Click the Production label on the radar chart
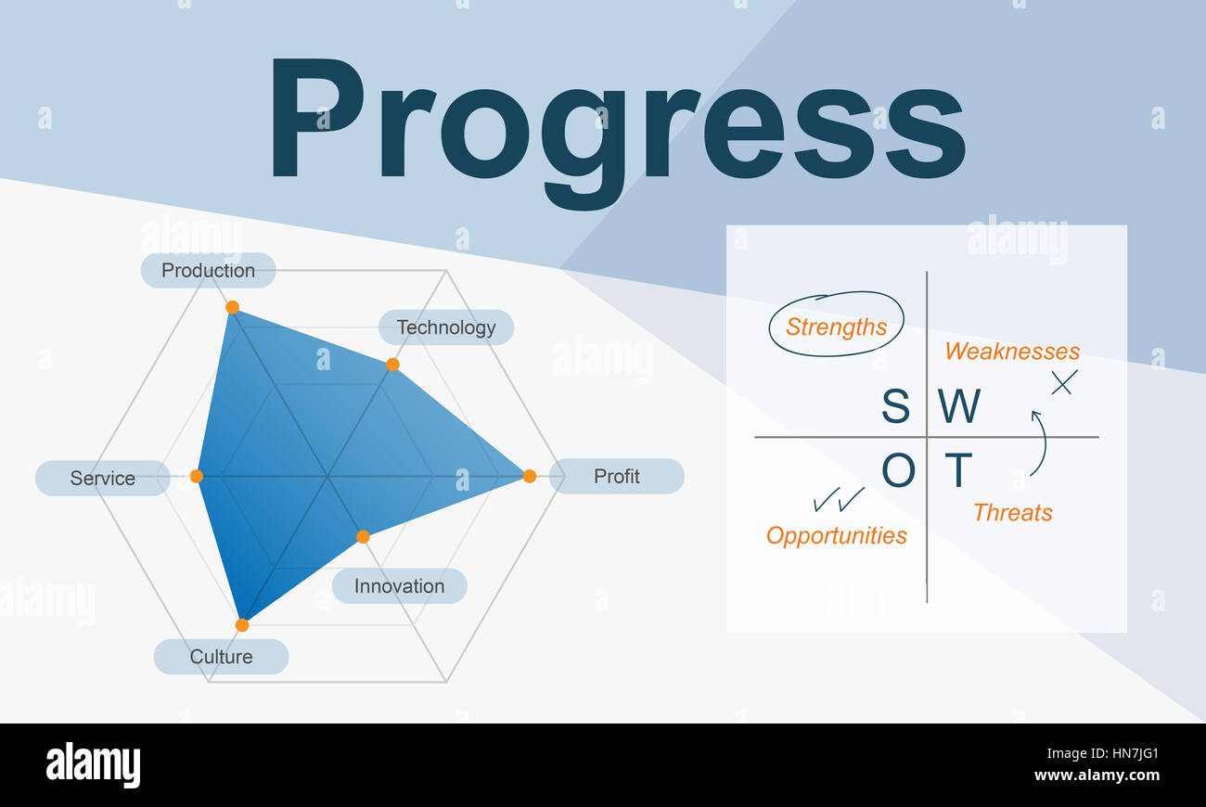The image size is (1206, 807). tap(209, 270)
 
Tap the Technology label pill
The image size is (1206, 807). tap(446, 327)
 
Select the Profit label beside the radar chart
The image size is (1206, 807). tap(617, 476)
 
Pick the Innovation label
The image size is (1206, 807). tap(400, 585)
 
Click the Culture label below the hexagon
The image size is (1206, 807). tap(221, 657)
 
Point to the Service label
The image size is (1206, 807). tap(102, 478)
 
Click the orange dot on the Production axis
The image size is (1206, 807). tap(232, 307)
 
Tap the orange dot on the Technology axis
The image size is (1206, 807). tap(392, 365)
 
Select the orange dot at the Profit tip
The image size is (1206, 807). tap(529, 476)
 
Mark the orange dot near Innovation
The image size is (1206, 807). tap(363, 537)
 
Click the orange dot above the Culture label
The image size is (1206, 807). tap(242, 625)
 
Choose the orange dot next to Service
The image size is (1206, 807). tap(197, 476)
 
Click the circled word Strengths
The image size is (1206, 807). tap(836, 327)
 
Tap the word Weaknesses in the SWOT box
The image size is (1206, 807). tap(1012, 352)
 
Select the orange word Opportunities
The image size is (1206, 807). tap(836, 536)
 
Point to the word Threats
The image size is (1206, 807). tap(1013, 513)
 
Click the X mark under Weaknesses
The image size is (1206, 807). tap(1064, 382)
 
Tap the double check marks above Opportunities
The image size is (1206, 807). tap(839, 500)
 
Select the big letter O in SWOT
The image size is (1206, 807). tap(898, 470)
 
